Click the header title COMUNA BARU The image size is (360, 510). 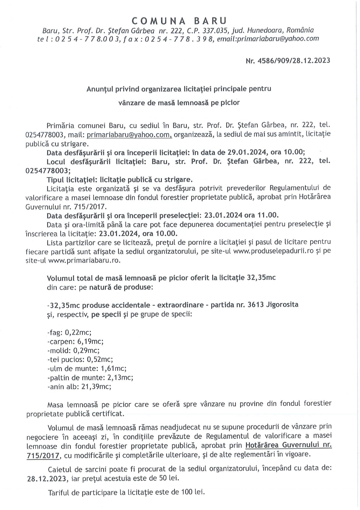179,21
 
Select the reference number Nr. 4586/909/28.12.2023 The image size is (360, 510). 288,61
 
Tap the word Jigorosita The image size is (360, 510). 282,305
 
